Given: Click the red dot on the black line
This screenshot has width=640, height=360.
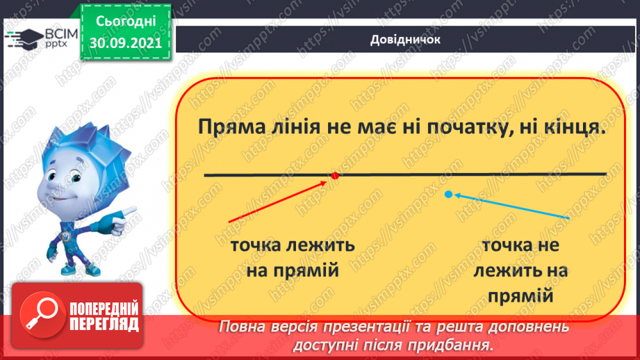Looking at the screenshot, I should (334, 176).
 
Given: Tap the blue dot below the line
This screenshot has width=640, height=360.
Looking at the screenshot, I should (448, 195).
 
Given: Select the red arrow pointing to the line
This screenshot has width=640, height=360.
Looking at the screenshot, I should (278, 202).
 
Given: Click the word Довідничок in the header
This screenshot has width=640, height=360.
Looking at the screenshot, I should (404, 40).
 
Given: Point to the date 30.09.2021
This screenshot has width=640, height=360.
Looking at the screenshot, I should (125, 42).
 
